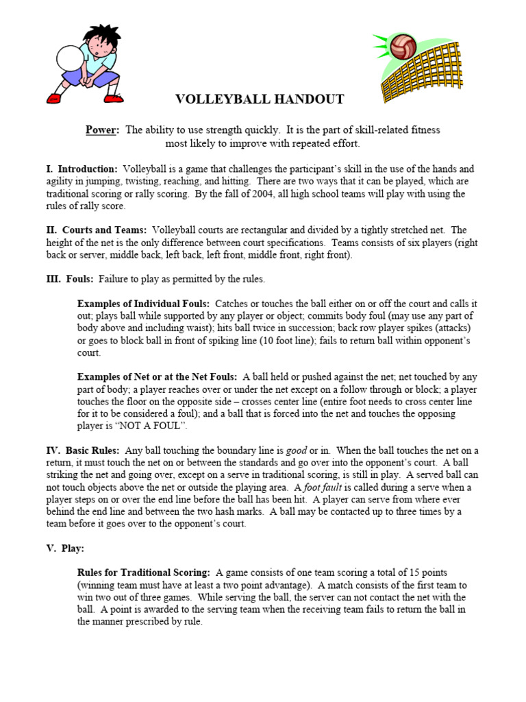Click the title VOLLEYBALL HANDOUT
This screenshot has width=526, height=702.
[x=260, y=100]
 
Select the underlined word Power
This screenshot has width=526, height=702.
[x=102, y=130]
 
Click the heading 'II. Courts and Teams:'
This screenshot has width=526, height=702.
[x=96, y=230]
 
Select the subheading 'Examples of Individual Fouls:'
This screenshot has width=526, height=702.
[x=144, y=304]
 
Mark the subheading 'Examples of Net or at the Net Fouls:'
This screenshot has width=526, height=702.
[x=158, y=377]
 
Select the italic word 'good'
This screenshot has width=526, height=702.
[x=296, y=450]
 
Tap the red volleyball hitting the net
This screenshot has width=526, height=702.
[x=403, y=45]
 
